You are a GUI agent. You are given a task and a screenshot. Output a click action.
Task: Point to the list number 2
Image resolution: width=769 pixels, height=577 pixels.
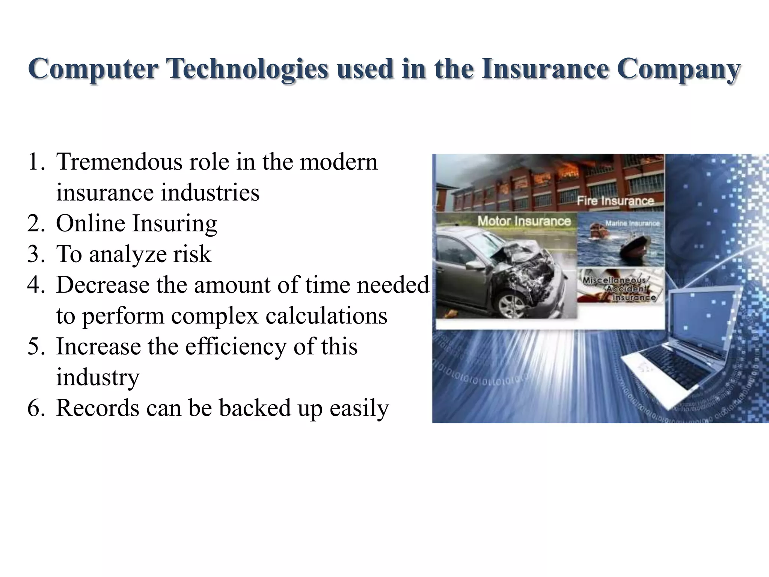tap(36, 224)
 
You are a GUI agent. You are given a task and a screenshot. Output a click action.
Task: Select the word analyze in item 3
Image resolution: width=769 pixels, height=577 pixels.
tap(128, 255)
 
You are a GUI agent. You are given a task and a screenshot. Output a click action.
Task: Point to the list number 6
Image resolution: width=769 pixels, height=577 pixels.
tap(36, 408)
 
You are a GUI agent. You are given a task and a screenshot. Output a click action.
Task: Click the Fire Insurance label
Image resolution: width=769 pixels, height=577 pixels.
tap(615, 201)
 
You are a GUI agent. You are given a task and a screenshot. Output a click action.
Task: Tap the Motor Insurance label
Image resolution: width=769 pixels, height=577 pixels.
tap(524, 221)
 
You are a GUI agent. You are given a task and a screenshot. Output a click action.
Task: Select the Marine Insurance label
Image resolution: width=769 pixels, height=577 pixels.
tap(632, 224)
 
